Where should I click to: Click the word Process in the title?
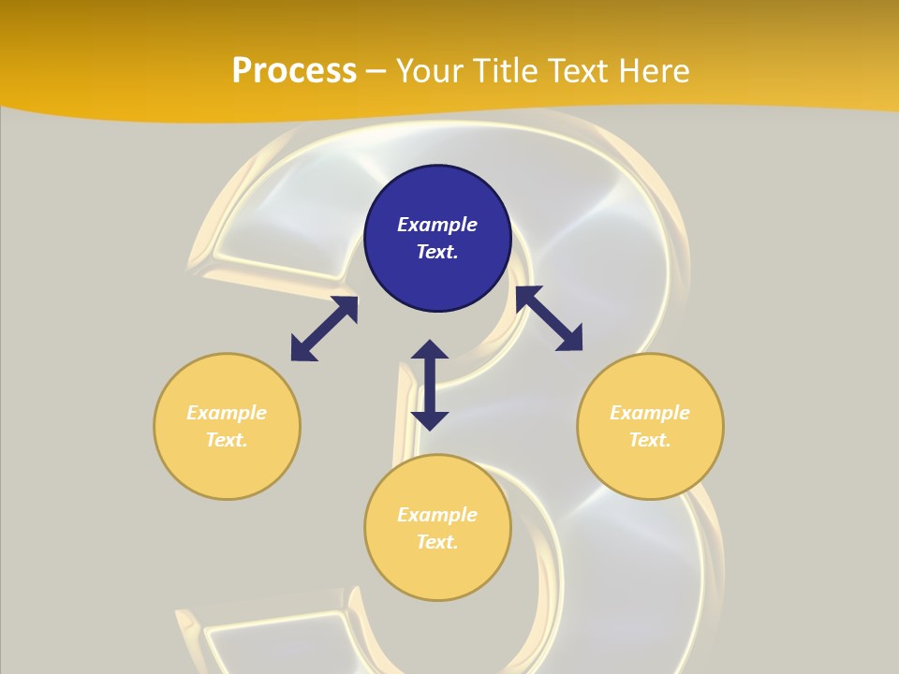[x=294, y=71]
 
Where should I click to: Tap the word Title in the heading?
[x=505, y=71]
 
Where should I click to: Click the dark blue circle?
[x=437, y=239]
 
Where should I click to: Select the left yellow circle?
[x=227, y=426]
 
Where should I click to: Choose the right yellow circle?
[x=650, y=426]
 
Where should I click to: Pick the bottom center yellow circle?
[x=437, y=528]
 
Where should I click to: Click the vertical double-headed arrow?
[x=430, y=385]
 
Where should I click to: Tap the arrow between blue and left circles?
[x=324, y=329]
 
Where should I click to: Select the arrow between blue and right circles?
[x=549, y=318]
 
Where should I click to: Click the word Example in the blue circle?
[x=437, y=225]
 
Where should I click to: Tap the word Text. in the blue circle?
[x=437, y=252]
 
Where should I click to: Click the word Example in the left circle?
[x=227, y=413]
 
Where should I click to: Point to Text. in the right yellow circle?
[x=650, y=440]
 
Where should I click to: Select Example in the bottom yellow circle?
[x=437, y=515]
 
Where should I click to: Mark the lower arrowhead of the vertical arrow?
[x=430, y=419]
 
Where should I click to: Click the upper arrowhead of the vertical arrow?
[x=430, y=350]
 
